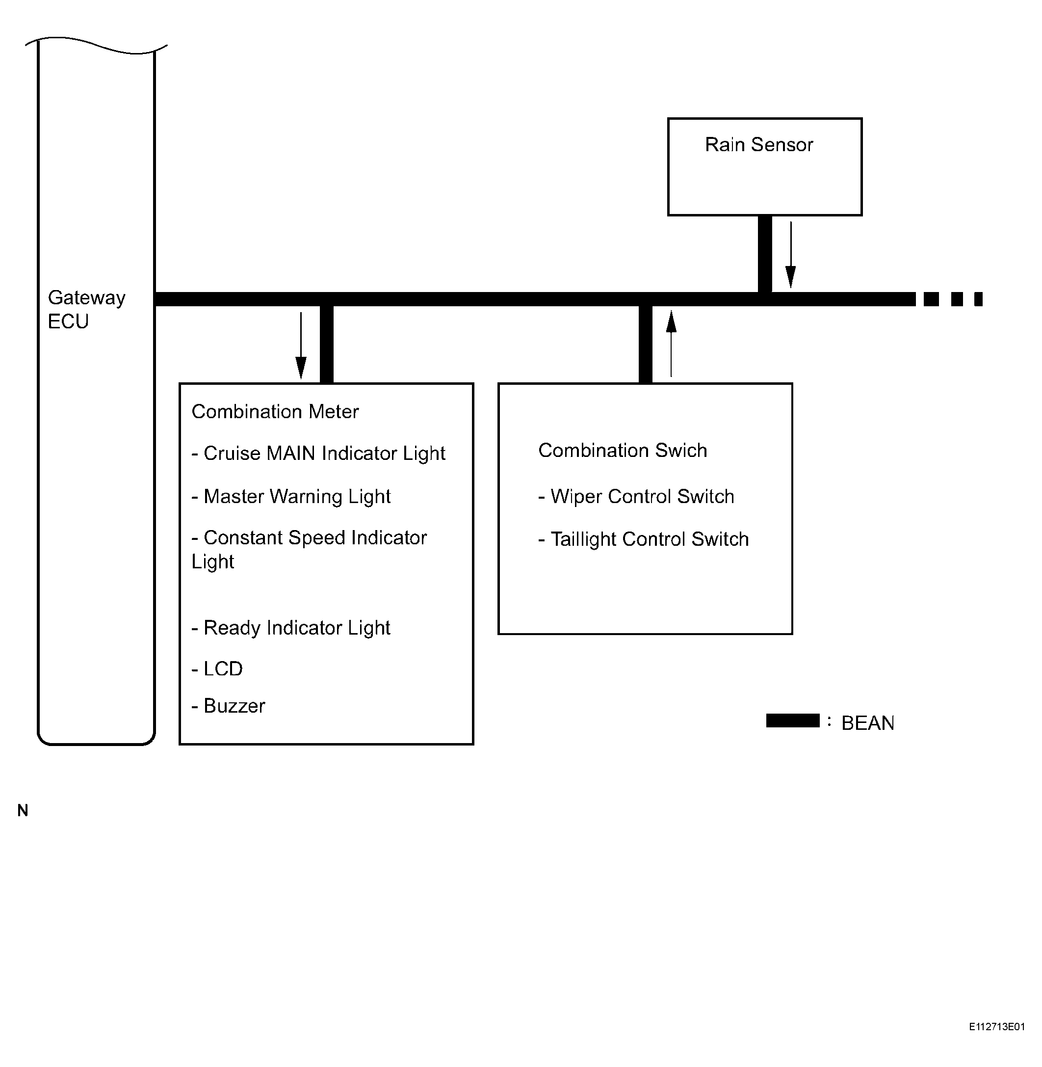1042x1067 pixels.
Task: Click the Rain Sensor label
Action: click(x=759, y=144)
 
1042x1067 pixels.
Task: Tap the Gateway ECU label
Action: click(x=86, y=309)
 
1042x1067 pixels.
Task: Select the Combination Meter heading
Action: click(x=275, y=412)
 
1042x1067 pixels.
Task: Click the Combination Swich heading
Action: click(x=623, y=450)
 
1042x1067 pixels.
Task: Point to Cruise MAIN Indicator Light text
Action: click(x=318, y=453)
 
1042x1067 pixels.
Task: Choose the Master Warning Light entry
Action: click(x=291, y=497)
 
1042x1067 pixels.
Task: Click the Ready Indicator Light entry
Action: click(x=291, y=627)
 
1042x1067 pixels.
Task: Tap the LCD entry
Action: click(x=217, y=668)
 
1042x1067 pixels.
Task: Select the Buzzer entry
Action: click(x=228, y=706)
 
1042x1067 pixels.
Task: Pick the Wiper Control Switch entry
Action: click(x=636, y=497)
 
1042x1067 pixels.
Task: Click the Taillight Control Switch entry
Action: click(x=644, y=539)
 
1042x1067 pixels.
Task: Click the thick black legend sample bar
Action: click(x=793, y=720)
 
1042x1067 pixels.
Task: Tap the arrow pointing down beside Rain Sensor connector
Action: click(x=791, y=255)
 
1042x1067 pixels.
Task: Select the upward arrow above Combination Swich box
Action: click(x=672, y=343)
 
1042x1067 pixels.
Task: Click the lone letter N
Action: click(x=23, y=810)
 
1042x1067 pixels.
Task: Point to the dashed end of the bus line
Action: click(x=953, y=299)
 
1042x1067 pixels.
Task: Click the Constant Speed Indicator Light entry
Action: click(x=309, y=549)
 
